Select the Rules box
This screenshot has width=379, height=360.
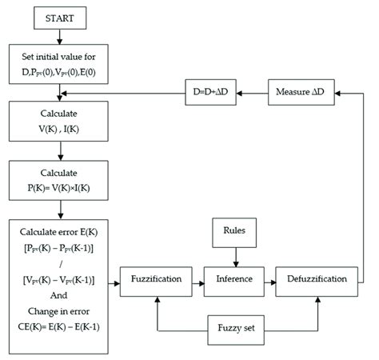coord(234,233)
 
